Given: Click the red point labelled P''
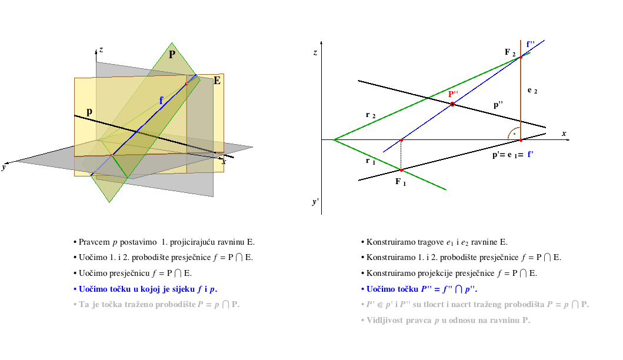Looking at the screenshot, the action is (x=452, y=104).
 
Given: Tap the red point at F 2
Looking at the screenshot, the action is (x=521, y=57).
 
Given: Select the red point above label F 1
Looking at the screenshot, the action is (x=401, y=170).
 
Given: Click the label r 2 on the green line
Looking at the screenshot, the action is (x=370, y=115).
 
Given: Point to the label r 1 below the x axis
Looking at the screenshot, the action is (x=370, y=161).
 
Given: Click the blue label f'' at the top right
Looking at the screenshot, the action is (x=531, y=44).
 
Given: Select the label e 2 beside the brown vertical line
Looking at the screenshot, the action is (x=532, y=91).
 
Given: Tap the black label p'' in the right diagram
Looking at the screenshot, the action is (x=498, y=105).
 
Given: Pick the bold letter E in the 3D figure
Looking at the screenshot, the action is (x=217, y=81).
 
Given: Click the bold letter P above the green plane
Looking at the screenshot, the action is (x=172, y=55).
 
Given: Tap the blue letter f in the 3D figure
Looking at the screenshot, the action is (x=161, y=100).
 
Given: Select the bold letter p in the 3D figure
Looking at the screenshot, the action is (x=89, y=112).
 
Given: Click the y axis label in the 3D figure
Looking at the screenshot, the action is (x=4, y=167).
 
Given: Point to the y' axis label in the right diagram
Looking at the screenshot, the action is (x=315, y=201).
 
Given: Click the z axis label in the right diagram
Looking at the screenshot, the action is (x=315, y=52).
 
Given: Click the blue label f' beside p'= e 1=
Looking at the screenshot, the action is (x=531, y=154).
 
